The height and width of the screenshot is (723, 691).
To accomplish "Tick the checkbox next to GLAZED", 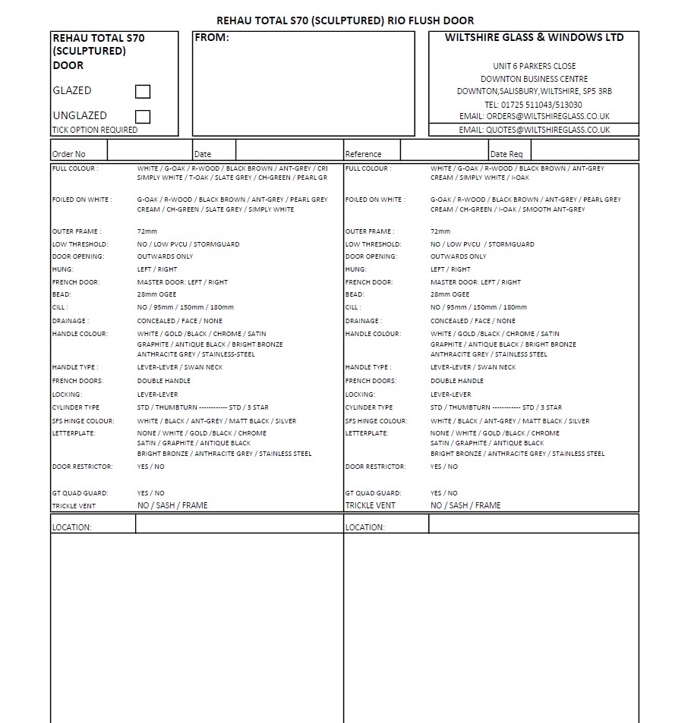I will (143, 92).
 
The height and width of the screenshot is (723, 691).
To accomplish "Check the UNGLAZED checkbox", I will (143, 117).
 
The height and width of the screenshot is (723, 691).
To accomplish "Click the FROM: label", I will (212, 38).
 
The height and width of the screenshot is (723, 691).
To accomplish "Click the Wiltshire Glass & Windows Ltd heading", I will (534, 37).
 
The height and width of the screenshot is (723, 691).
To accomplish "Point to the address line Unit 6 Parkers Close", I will (534, 66).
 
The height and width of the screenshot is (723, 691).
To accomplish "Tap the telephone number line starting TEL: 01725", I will (534, 105).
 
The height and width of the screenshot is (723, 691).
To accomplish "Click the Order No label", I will (69, 154).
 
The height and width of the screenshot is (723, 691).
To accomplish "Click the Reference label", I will (363, 154).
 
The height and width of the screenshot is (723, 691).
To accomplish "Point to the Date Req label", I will (506, 154).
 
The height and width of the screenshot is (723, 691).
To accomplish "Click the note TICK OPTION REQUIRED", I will (95, 130).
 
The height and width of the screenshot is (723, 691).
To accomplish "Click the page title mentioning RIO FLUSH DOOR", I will (345, 20).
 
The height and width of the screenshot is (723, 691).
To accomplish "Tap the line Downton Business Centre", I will (534, 79).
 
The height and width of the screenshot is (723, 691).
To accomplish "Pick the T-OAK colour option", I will (198, 178).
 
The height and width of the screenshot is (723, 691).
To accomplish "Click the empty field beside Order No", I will (149, 150).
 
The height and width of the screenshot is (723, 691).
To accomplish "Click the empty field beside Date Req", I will (582, 150).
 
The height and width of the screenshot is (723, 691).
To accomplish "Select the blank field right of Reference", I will (443, 150).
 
